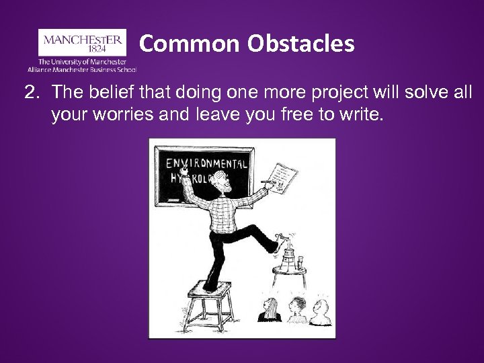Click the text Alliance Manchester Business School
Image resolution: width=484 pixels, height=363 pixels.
[82, 69]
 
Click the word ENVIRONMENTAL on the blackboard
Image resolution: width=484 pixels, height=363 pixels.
[207, 163]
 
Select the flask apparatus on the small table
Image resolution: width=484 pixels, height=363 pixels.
[289, 252]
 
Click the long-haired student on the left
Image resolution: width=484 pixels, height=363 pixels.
[270, 310]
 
